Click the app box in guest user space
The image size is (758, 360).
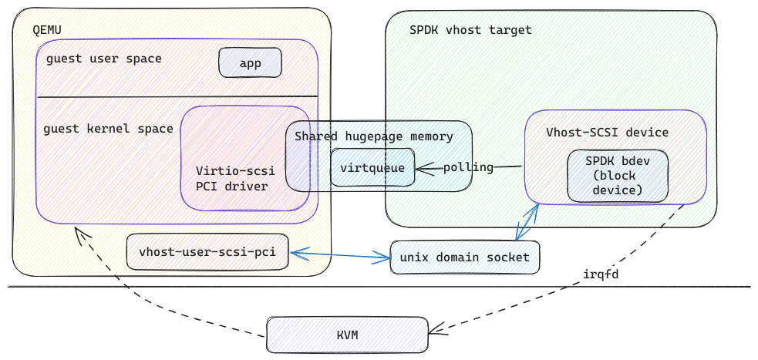pyautogui.click(x=250, y=62)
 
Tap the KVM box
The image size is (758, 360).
pyautogui.click(x=348, y=335)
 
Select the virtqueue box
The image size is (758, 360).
pyautogui.click(x=372, y=168)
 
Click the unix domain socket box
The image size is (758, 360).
pyautogui.click(x=464, y=257)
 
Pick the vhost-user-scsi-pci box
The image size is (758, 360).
pyautogui.click(x=207, y=252)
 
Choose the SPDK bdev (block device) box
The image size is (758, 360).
pyautogui.click(x=618, y=176)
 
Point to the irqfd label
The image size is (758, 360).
pyautogui.click(x=601, y=274)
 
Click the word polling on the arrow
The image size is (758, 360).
pyautogui.click(x=468, y=168)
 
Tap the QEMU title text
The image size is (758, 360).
pyautogui.click(x=47, y=30)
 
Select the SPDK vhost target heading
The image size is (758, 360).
pyautogui.click(x=470, y=30)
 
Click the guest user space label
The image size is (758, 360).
pyautogui.click(x=104, y=59)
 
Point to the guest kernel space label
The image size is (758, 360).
pyautogui.click(x=108, y=129)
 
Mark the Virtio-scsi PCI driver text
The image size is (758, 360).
pyautogui.click(x=235, y=178)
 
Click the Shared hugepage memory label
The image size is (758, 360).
pyautogui.click(x=374, y=136)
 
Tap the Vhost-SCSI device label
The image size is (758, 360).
pyautogui.click(x=607, y=133)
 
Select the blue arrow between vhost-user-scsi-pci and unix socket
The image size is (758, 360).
pyautogui.click(x=340, y=254)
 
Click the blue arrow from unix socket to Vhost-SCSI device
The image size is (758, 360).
pyautogui.click(x=527, y=222)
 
